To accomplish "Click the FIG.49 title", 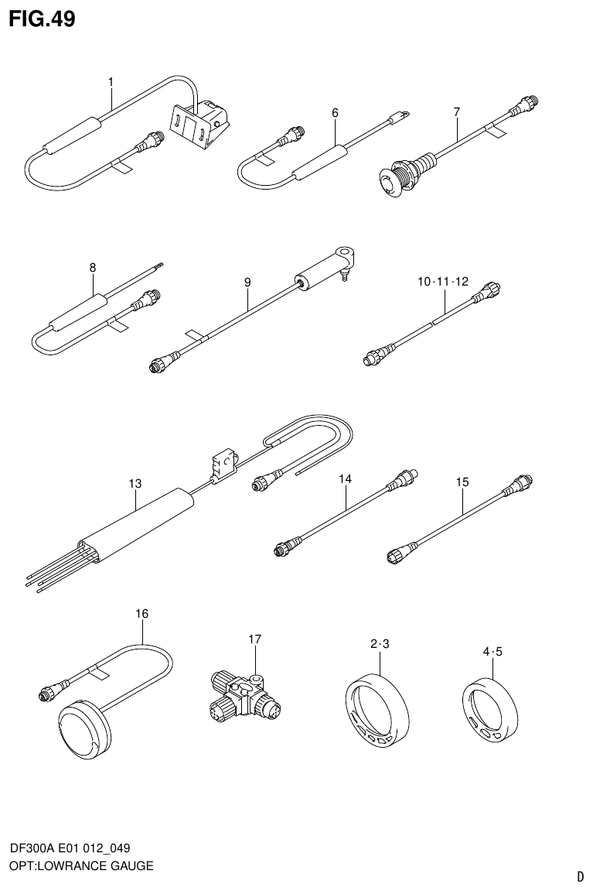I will (x=43, y=19).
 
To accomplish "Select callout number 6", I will (x=335, y=113).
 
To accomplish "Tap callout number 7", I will (x=456, y=112).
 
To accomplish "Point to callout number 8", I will (x=93, y=268).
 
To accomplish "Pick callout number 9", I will (x=247, y=283).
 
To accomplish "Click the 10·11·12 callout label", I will (x=443, y=282).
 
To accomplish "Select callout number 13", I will (x=135, y=484).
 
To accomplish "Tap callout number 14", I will (x=345, y=480).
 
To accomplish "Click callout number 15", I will (x=462, y=482).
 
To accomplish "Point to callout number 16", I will (x=141, y=614).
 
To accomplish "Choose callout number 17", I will (x=255, y=639).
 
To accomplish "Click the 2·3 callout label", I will (x=379, y=644).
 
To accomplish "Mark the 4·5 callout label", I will (x=492, y=652).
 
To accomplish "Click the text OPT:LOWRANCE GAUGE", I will (x=81, y=865).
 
